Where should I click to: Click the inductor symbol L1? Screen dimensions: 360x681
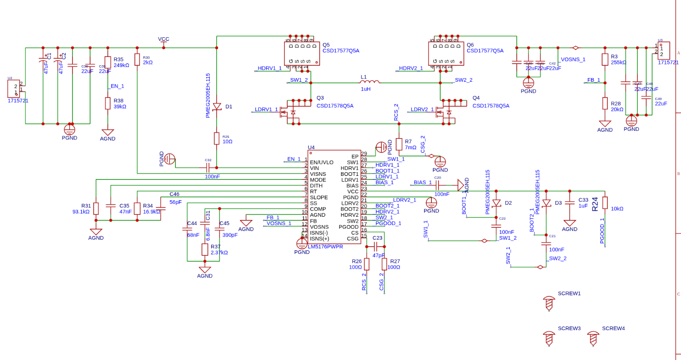point(370,82)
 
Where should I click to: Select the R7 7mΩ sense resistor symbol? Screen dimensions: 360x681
point(399,144)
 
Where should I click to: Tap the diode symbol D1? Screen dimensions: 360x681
point(217,107)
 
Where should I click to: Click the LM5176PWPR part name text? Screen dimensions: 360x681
point(325,247)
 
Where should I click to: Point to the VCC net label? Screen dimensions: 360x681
point(163,39)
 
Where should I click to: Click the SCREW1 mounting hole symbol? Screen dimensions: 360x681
point(548,303)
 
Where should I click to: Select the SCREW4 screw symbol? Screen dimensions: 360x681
point(593,338)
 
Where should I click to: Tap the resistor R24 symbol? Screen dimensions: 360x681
point(605,203)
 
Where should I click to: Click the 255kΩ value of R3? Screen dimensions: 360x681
point(618,62)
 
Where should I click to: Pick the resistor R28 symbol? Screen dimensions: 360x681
point(605,103)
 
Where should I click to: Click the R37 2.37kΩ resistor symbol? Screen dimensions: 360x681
point(205,249)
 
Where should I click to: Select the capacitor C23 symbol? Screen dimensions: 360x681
point(375,247)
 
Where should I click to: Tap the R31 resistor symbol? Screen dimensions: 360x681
point(96,208)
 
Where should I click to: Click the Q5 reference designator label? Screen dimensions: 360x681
point(326,45)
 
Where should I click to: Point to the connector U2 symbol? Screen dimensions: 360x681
point(14,89)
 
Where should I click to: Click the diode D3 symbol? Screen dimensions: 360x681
point(546,203)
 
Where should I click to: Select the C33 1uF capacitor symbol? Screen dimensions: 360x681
point(569,202)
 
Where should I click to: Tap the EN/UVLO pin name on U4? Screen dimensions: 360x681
point(321,162)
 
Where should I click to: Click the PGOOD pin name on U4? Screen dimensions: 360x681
point(348,227)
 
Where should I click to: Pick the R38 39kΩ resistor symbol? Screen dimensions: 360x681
point(108,103)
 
